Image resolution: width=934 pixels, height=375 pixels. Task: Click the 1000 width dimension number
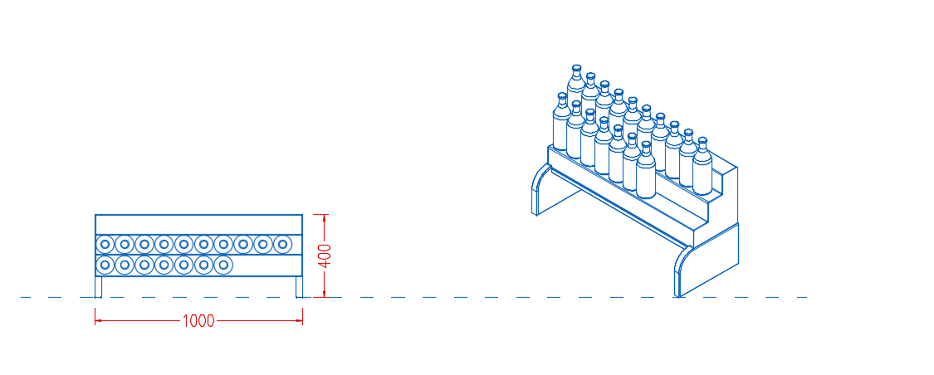198,321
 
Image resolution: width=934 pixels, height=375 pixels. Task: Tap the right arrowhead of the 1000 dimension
298,321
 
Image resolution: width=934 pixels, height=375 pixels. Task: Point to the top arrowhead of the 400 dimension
324,218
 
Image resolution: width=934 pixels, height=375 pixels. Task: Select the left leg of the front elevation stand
99,286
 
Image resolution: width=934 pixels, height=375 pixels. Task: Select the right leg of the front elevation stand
299,286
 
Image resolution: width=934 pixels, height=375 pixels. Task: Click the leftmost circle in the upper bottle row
105,243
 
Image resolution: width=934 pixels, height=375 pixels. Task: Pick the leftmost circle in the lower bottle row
105,265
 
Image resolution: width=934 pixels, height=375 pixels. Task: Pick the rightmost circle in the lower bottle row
222,265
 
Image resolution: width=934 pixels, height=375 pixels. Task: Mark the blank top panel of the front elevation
199,224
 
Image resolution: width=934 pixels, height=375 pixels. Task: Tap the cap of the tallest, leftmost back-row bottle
576,69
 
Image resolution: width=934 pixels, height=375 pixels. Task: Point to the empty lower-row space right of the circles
267,265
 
